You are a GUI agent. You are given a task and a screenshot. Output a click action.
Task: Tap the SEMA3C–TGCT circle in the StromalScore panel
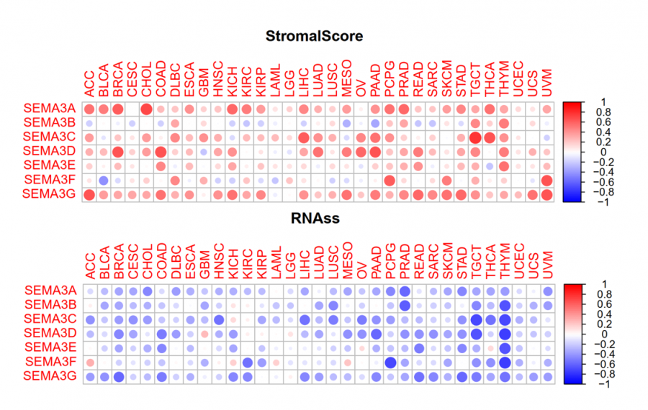pyautogui.click(x=475, y=137)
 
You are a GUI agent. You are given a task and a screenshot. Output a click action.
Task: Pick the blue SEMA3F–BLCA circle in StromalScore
pyautogui.click(x=103, y=180)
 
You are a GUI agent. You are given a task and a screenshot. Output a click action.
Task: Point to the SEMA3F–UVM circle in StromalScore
pyautogui.click(x=546, y=180)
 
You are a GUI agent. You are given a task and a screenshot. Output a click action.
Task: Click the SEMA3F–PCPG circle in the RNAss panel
pyautogui.click(x=390, y=362)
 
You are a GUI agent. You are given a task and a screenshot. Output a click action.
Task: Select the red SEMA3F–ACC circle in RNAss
pyautogui.click(x=89, y=362)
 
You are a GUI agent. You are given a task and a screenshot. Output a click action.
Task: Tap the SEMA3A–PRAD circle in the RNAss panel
pyautogui.click(x=405, y=291)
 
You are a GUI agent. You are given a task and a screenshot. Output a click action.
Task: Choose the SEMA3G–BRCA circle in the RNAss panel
pyautogui.click(x=118, y=376)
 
